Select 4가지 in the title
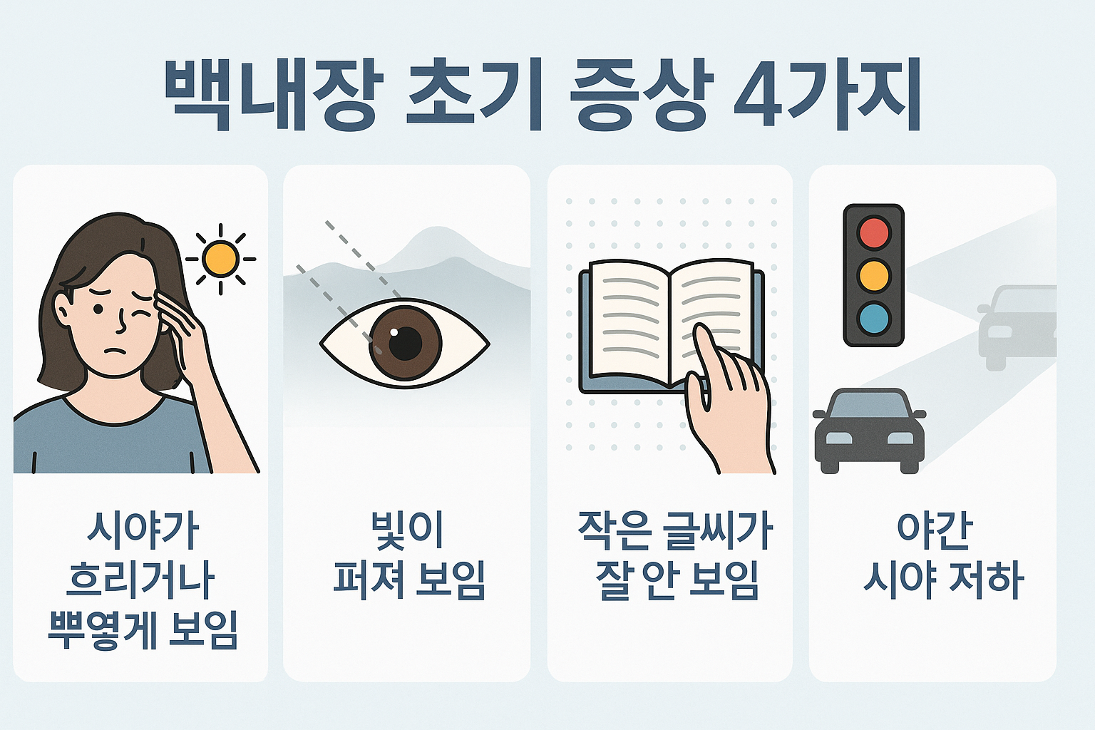click(827, 96)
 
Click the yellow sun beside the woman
click(220, 258)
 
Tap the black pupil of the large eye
click(406, 343)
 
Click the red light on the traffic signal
click(874, 233)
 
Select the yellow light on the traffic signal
click(874, 275)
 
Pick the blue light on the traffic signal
click(874, 318)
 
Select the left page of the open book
click(627, 321)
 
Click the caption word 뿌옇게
click(103, 630)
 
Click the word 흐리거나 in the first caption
click(140, 580)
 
